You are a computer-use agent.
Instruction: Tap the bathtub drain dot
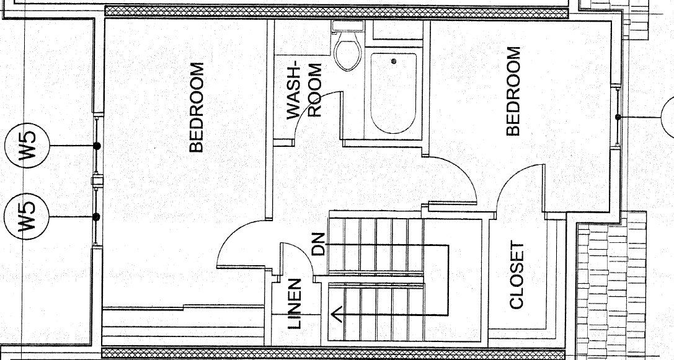tap(393, 61)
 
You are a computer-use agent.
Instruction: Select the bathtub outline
tap(393, 92)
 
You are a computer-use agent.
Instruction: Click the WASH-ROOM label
tap(304, 90)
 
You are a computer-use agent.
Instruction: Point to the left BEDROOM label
tap(196, 107)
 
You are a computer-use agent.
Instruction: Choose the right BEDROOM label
tap(513, 91)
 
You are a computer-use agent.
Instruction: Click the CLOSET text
tap(517, 275)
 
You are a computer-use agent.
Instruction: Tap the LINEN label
tap(293, 304)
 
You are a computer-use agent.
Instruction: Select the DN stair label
tap(317, 244)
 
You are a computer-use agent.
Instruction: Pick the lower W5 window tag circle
tap(27, 216)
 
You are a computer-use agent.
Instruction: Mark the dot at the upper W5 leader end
tap(97, 146)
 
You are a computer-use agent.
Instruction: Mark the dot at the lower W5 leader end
tap(97, 217)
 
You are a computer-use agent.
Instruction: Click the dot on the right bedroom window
tap(618, 117)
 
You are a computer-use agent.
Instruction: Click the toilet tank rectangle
tap(348, 25)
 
